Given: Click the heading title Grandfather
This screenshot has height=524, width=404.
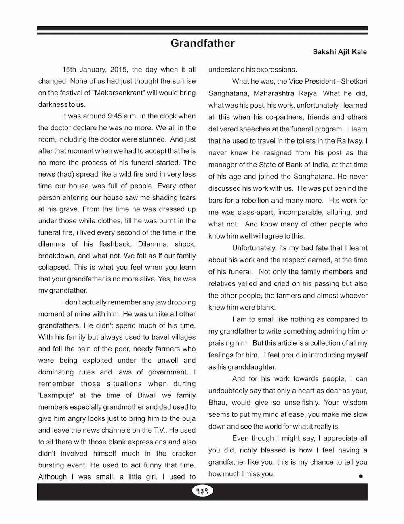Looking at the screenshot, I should pyautogui.click(x=202, y=43).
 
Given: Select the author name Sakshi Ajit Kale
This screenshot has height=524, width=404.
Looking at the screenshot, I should pyautogui.click(x=340, y=52).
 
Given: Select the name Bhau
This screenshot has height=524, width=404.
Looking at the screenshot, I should pyautogui.click(x=217, y=403).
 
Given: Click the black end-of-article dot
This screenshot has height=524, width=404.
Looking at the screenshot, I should pyautogui.click(x=361, y=476).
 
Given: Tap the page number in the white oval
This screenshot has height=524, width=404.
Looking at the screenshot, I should pyautogui.click(x=202, y=491).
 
